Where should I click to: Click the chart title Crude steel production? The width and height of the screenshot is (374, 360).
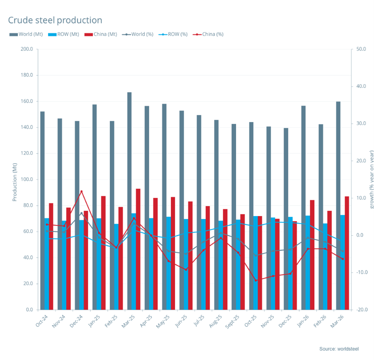(55, 20)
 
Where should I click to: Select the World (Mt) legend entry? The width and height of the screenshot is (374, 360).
(26, 35)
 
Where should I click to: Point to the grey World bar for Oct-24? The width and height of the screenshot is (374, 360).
(42, 210)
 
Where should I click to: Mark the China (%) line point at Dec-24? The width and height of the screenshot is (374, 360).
(81, 191)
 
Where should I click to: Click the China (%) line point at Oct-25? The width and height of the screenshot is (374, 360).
(255, 281)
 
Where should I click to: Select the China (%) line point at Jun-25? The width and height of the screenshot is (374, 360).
(186, 269)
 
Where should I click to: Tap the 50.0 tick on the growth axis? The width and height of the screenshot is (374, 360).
(361, 49)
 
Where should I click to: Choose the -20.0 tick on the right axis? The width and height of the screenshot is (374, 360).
(361, 310)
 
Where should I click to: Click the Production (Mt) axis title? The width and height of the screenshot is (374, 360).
(15, 179)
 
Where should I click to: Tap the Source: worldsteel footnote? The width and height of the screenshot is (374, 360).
(339, 349)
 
